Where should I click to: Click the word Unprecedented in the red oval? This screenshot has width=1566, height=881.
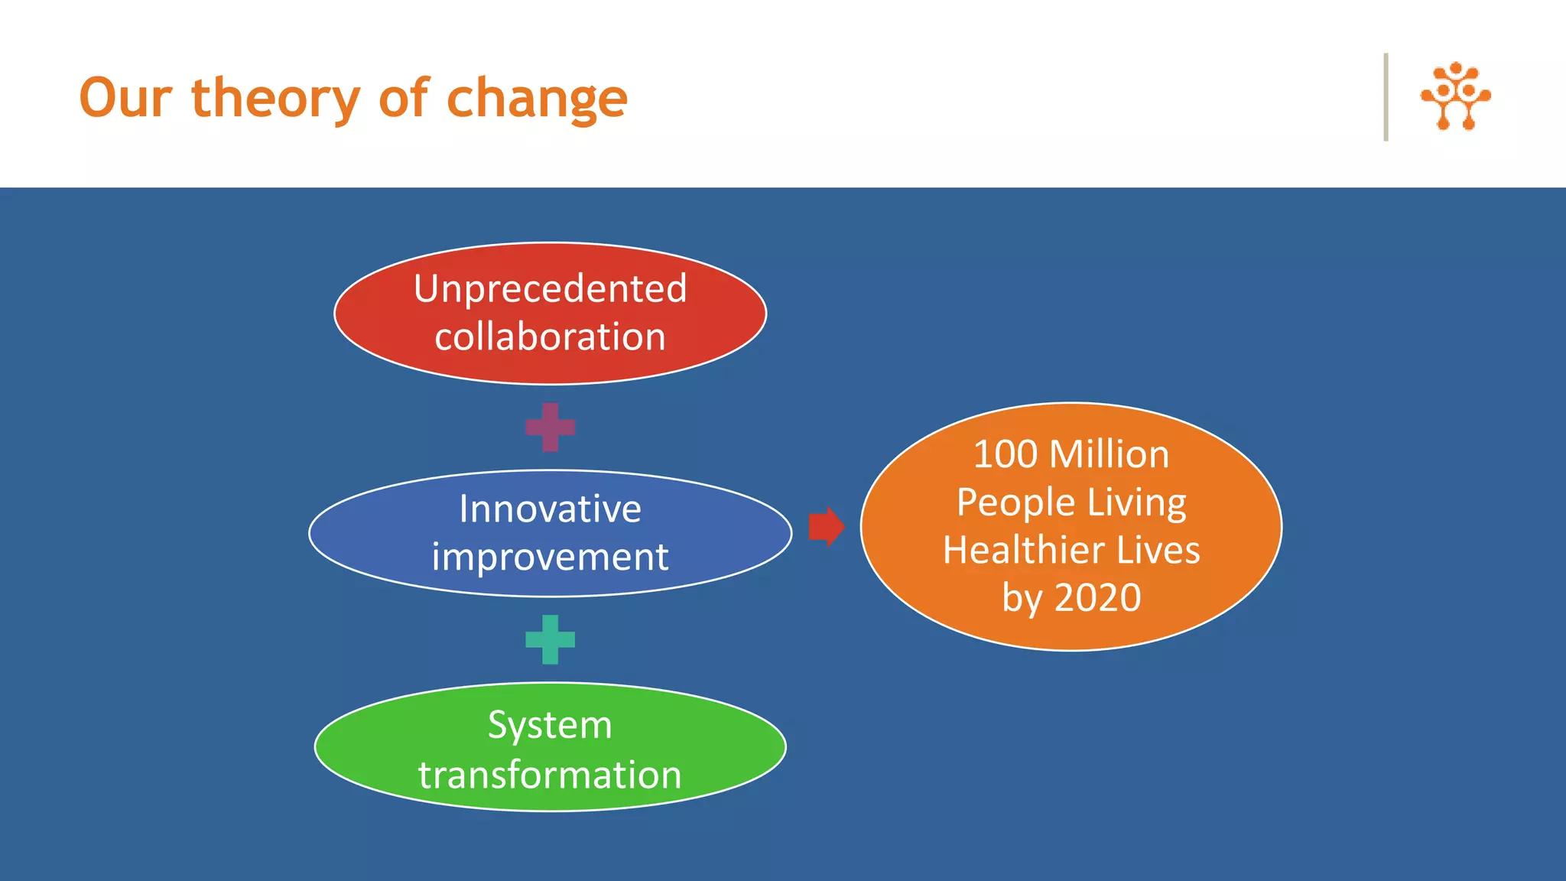[550, 289]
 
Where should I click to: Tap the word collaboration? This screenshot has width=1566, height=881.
[550, 337]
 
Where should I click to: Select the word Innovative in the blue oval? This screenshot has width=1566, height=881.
[550, 509]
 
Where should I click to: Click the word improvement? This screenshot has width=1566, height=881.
[550, 557]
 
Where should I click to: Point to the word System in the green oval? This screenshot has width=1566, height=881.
[550, 725]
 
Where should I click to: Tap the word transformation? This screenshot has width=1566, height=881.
[550, 775]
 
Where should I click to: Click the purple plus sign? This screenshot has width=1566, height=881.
[550, 427]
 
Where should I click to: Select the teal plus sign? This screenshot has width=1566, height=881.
[550, 639]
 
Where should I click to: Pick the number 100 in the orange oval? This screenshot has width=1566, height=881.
[1005, 454]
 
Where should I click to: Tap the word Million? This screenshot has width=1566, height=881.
[1109, 454]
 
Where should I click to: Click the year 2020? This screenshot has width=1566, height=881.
[1098, 597]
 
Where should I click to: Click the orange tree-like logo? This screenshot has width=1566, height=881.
[1455, 96]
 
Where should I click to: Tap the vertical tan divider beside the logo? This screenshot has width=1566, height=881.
[1386, 97]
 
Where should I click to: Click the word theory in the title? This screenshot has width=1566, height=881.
[275, 99]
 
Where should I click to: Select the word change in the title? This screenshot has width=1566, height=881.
[537, 99]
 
